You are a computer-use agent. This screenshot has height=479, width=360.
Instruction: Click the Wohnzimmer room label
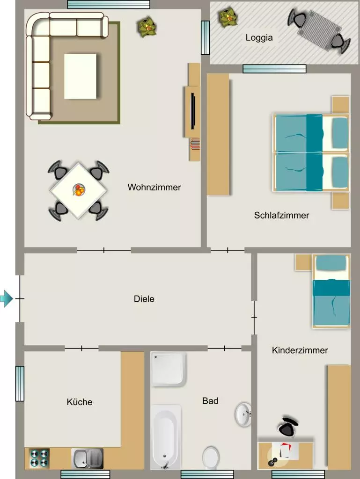coord(154,187)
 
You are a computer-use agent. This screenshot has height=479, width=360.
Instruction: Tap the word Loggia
coord(259,37)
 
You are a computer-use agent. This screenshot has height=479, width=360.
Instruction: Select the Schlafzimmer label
coord(281,215)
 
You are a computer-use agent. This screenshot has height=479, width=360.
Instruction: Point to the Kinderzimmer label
coord(300,350)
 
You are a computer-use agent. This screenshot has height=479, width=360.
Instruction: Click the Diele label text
coord(144,299)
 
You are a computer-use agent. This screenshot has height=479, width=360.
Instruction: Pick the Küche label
coord(80,402)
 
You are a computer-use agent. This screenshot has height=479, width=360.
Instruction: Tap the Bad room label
coord(210,401)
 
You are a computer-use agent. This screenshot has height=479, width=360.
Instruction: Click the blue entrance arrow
coord(6,298)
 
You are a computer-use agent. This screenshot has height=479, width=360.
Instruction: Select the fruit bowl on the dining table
coord(79,190)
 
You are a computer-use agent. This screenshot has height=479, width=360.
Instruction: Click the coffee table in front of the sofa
coord(81,76)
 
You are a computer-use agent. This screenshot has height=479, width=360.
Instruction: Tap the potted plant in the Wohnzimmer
coord(147,26)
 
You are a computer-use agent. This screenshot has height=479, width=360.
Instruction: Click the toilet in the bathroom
coord(211,457)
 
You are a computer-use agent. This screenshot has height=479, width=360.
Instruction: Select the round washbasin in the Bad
coord(243,414)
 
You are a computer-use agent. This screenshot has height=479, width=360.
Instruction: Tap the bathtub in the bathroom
coord(166,437)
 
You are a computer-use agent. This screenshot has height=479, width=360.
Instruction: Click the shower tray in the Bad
coord(168,369)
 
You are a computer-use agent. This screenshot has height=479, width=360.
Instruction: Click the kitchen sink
coord(88,458)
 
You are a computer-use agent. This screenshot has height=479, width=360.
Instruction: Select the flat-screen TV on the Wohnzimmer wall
coord(193,111)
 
